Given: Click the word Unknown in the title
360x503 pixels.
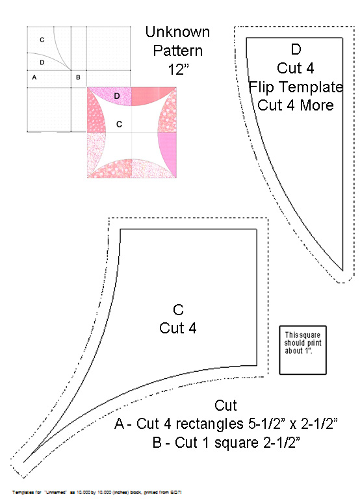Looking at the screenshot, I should (177, 31).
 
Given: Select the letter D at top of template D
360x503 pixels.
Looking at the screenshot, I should (296, 49).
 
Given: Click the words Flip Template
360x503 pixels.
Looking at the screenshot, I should (296, 86).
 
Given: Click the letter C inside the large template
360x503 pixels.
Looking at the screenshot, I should (178, 309).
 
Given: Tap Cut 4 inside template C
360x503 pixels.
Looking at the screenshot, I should (178, 328).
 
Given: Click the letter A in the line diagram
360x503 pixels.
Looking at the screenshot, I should (34, 77).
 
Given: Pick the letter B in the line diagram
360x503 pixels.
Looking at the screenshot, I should (78, 77).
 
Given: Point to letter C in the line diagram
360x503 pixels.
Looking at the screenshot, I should (42, 40).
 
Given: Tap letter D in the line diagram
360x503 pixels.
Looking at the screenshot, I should (42, 62).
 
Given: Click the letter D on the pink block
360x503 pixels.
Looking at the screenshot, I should (117, 96).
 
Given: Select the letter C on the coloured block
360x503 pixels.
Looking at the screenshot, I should (119, 123).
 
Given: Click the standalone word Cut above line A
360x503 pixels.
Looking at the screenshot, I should (225, 406).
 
